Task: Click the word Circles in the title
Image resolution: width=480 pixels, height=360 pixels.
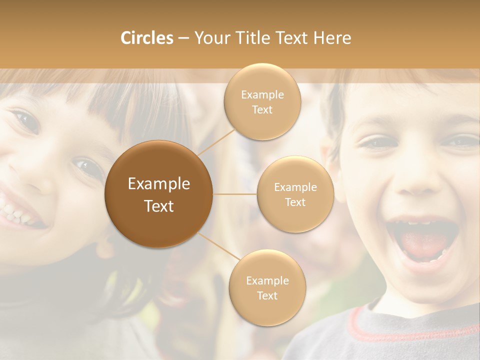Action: point(146,38)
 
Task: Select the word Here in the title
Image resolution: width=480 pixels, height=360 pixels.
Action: point(332,38)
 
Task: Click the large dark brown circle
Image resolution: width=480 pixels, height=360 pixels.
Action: point(159,194)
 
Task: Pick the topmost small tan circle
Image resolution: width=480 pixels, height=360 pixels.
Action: point(262,101)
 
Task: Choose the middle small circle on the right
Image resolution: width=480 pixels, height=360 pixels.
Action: point(295,194)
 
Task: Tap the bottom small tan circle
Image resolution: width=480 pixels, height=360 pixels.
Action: point(267,287)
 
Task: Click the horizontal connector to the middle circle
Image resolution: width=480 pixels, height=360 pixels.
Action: point(235,194)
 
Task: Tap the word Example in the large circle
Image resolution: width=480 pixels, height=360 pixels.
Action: point(159,184)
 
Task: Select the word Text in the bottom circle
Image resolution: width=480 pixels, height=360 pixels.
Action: point(267,295)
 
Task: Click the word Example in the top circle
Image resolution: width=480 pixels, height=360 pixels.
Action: point(262,94)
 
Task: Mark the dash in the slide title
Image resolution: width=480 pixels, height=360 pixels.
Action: point(183,38)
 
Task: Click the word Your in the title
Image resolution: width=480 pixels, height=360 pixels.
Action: point(211,38)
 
